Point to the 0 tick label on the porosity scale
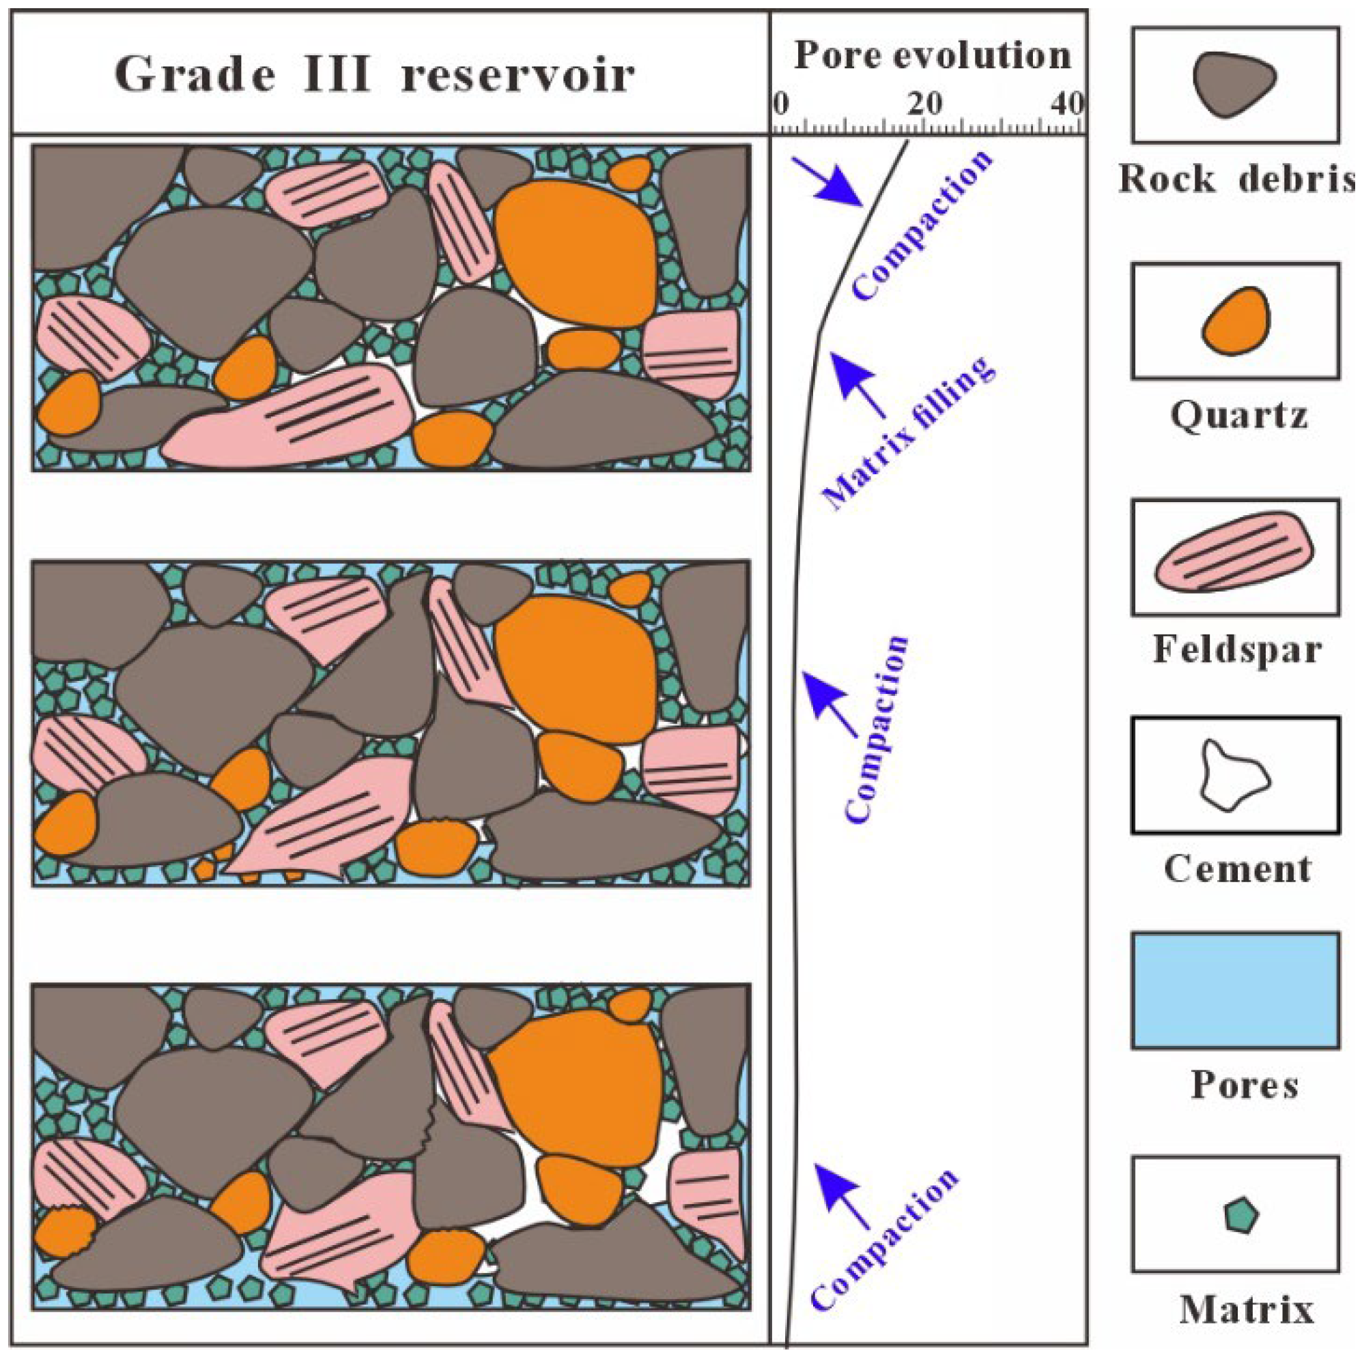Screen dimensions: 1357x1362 (780, 104)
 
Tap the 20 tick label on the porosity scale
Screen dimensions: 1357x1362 (924, 104)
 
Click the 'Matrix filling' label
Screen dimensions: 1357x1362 (909, 433)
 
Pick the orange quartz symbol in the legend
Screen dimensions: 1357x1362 (1235, 321)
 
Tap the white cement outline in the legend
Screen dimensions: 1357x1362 (1234, 775)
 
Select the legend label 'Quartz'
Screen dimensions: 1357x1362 (1238, 415)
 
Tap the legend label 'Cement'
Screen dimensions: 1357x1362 (1237, 869)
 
